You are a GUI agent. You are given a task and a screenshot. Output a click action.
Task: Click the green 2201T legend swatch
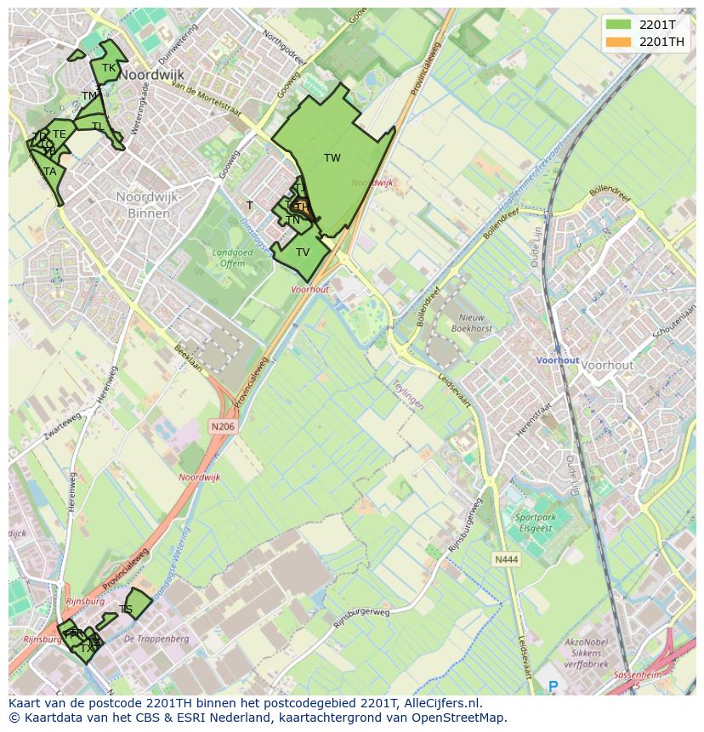(618, 25)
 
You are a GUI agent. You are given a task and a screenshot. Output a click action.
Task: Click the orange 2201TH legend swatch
(618, 42)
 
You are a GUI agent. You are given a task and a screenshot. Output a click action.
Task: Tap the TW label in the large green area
(332, 158)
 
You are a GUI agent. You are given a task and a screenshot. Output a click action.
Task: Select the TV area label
(303, 253)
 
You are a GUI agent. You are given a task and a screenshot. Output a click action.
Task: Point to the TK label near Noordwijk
(109, 68)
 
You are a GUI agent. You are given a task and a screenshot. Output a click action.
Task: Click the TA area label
(50, 172)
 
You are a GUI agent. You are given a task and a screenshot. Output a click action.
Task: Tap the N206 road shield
(222, 426)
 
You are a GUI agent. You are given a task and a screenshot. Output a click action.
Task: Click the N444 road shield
(505, 559)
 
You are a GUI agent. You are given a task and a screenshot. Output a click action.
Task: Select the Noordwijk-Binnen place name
(150, 205)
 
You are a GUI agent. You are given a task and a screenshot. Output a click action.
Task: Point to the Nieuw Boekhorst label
(472, 322)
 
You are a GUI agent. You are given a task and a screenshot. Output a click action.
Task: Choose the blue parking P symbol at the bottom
(553, 687)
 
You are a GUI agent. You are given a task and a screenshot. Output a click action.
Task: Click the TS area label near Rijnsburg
(126, 610)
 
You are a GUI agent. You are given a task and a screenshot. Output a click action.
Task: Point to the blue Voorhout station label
(557, 360)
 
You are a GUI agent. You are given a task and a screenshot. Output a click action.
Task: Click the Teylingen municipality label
(408, 394)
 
